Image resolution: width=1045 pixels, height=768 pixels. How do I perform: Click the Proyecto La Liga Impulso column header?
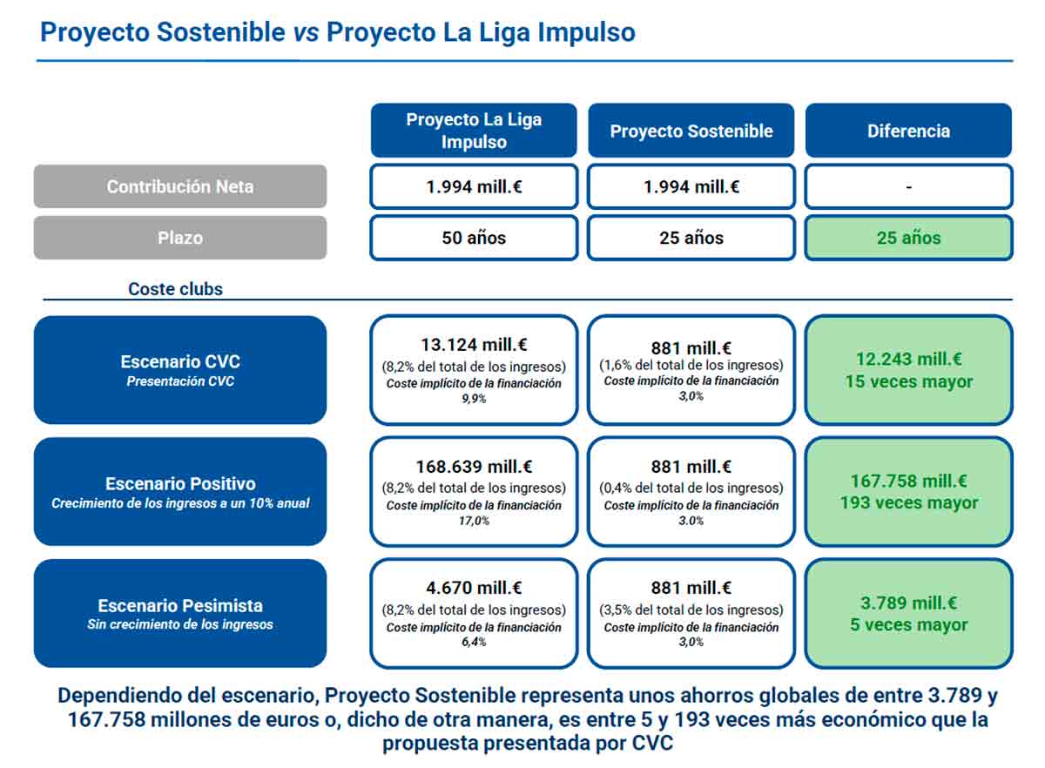[474, 131]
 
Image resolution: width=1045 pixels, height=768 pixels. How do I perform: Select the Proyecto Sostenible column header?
[691, 131]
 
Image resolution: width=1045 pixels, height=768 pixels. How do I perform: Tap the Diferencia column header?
[908, 131]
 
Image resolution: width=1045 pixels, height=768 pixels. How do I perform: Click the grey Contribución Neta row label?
[180, 186]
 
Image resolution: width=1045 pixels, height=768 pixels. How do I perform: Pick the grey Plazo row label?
[180, 238]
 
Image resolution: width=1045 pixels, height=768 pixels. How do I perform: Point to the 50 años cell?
[474, 238]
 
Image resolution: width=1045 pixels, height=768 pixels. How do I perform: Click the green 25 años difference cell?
[908, 238]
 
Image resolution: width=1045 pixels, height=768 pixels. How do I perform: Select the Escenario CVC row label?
[180, 369]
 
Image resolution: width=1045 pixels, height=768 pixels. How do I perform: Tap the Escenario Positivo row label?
[180, 491]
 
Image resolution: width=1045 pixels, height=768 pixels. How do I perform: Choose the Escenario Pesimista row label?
[180, 613]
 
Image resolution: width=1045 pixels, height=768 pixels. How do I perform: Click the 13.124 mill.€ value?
[474, 346]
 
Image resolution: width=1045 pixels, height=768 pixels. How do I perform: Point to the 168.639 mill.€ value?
[474, 468]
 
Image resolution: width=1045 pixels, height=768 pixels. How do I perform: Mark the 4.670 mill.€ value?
[474, 589]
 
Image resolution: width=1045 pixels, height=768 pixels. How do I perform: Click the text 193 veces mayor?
[908, 503]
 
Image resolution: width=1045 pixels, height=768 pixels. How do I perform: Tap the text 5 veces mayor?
[908, 625]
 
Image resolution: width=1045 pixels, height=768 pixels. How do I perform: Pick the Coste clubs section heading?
[175, 289]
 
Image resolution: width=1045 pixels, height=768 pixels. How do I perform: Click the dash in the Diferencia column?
[908, 187]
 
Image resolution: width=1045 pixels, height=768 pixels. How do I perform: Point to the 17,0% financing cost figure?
[474, 521]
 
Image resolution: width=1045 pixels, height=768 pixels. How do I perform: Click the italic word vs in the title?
[306, 33]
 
